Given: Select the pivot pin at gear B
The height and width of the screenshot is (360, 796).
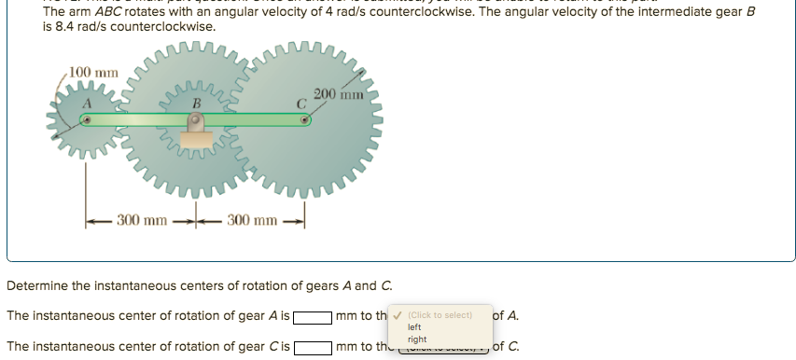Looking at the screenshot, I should point(196,120).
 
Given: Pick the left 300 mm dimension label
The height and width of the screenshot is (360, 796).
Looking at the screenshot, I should point(142,220).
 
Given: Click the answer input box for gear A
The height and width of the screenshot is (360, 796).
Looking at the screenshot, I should point(313,316).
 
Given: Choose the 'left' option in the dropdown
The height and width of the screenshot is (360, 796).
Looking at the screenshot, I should point(415,327).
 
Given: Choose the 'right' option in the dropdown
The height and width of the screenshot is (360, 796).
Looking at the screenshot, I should point(417,339).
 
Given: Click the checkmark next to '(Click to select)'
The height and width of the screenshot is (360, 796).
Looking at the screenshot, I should point(399,315).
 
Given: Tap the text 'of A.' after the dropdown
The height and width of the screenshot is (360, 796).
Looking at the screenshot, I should point(505,315).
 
